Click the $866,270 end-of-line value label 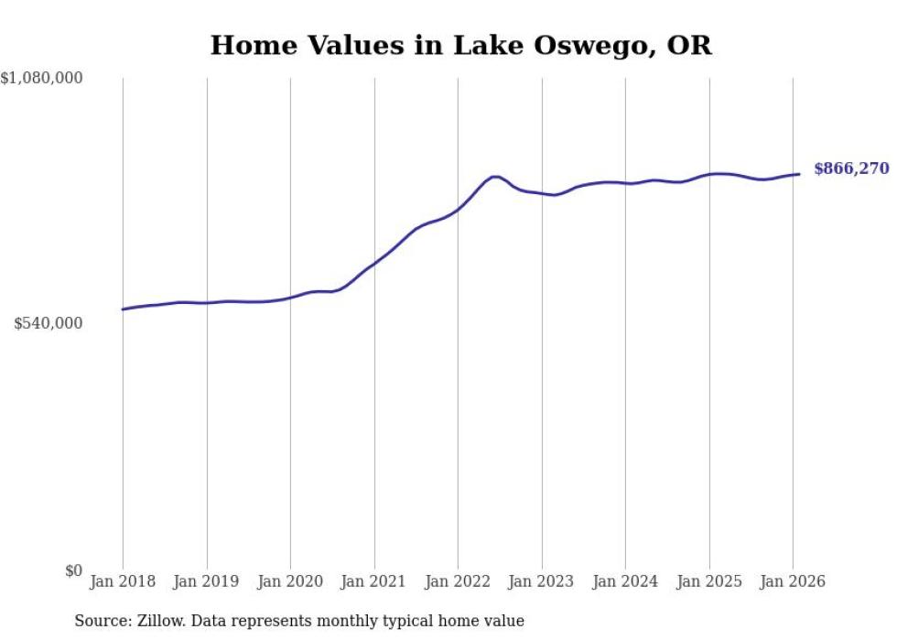click(850, 168)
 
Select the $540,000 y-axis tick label click(49, 323)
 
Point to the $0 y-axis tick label click(73, 570)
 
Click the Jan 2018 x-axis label click(123, 581)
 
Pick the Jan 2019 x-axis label click(206, 581)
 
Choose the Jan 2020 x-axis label click(290, 581)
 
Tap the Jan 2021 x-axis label click(373, 581)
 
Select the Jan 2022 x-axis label click(458, 581)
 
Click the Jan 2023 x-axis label click(541, 581)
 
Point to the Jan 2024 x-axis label click(625, 581)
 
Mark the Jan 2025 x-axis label click(708, 581)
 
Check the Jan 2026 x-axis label click(793, 581)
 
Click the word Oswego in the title click(590, 46)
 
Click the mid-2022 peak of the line click(495, 177)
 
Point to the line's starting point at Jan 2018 click(123, 309)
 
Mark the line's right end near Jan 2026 click(799, 174)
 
